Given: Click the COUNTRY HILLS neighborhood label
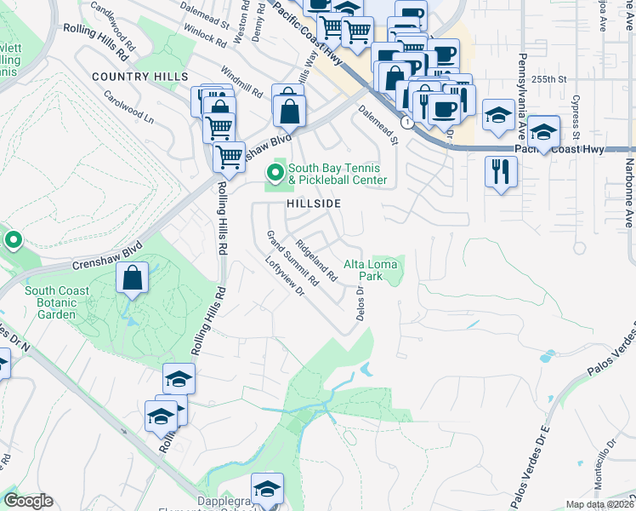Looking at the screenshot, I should tap(139, 77).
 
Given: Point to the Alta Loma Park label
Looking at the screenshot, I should tap(370, 270).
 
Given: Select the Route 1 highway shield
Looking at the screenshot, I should tap(409, 123).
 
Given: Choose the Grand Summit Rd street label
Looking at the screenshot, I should tap(291, 257).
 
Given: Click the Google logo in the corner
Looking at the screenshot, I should tap(28, 502).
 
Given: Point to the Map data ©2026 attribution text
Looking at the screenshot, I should tap(599, 504).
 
